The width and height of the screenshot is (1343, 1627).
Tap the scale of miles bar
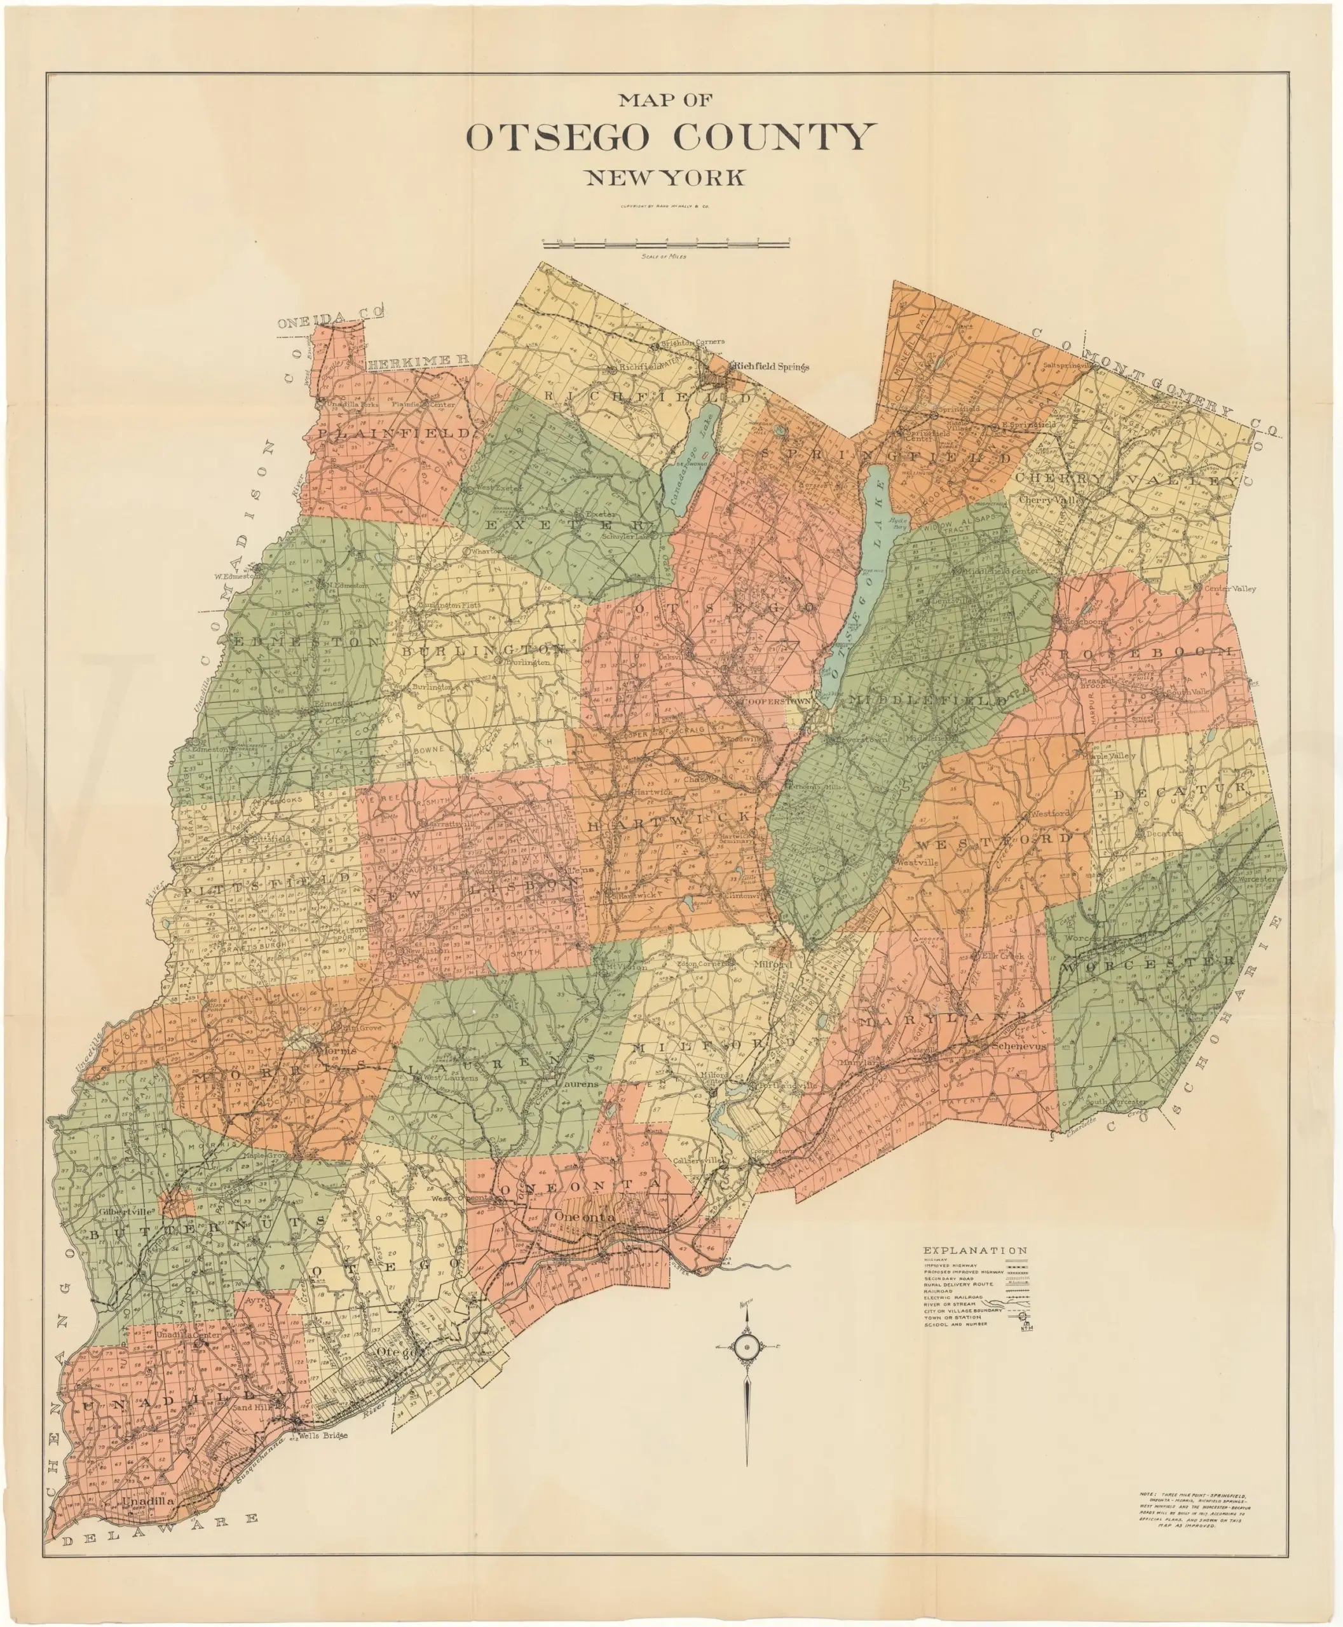pos(666,245)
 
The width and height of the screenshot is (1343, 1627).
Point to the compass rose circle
pos(747,1348)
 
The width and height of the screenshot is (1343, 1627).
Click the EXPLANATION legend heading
pos(975,1249)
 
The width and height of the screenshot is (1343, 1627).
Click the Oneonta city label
pos(585,1217)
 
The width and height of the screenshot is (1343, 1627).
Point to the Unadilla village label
pos(147,1501)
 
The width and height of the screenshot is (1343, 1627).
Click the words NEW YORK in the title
pos(665,178)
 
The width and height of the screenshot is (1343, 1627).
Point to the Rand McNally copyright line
pos(665,207)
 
